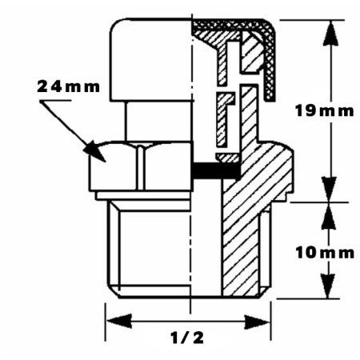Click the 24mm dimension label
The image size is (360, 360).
pyautogui.click(x=68, y=87)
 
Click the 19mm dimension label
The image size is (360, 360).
pyautogui.click(x=325, y=110)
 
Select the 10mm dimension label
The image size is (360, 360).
pyautogui.click(x=325, y=252)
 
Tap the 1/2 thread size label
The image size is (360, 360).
pyautogui.click(x=187, y=338)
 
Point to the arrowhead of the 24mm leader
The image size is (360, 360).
pyautogui.click(x=94, y=151)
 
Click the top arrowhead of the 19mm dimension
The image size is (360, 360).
pyautogui.click(x=331, y=33)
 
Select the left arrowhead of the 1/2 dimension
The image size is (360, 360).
pyautogui.click(x=119, y=321)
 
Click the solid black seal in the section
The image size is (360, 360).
pyautogui.click(x=217, y=170)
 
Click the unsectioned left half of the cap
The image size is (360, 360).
pyautogui.click(x=150, y=60)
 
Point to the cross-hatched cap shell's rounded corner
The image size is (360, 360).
pyautogui.click(x=269, y=30)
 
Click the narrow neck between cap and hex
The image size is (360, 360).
pyautogui.click(x=159, y=122)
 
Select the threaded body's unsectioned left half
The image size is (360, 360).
pyautogui.click(x=150, y=249)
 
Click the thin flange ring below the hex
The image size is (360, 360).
pyautogui.click(x=144, y=195)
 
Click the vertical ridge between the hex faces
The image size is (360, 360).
pyautogui.click(x=141, y=167)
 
